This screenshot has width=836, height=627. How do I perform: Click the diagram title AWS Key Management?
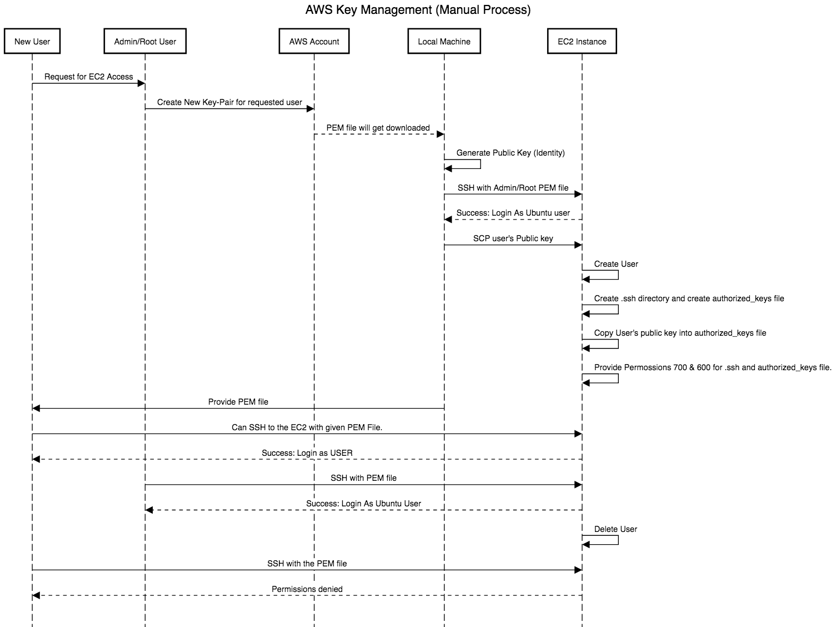(x=418, y=10)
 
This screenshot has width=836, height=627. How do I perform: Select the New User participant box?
(x=32, y=42)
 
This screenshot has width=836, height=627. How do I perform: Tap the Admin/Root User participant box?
(x=145, y=42)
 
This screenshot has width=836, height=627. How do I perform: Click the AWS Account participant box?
(x=314, y=42)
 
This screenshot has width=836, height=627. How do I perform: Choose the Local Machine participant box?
(x=444, y=42)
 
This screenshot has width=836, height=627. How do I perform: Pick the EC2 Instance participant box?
(x=582, y=42)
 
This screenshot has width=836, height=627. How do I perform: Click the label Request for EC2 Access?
(x=88, y=77)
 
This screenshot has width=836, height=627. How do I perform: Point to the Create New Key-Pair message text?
(x=229, y=102)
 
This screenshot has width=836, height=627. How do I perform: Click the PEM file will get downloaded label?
(x=378, y=128)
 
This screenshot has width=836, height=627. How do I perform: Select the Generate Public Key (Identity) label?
(x=510, y=153)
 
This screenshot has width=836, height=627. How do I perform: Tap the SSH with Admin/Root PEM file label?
(x=513, y=188)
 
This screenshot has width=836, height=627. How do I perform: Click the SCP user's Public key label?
(x=513, y=238)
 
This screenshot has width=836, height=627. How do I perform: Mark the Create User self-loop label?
(x=615, y=264)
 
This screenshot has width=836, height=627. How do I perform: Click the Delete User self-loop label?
(x=615, y=529)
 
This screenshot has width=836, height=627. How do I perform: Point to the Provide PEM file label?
(x=238, y=402)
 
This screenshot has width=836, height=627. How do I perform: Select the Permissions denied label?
(x=307, y=589)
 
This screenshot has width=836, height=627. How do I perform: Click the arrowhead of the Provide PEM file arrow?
(x=36, y=409)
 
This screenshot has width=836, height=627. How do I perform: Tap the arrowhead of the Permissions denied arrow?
(x=36, y=596)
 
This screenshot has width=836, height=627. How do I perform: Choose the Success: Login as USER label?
(x=307, y=453)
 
